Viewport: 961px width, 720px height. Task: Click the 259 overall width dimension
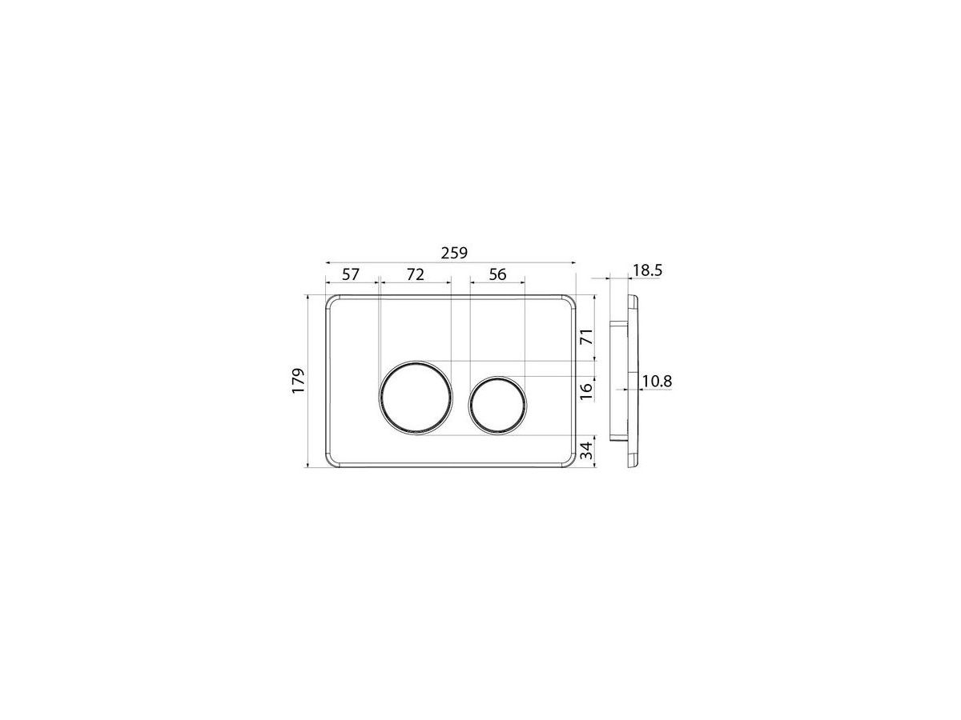[454, 253]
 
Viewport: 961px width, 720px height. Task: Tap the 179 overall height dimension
[298, 382]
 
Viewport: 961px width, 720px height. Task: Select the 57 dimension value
[350, 274]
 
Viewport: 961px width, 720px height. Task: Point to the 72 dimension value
[415, 274]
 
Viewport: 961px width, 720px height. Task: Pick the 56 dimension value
[497, 274]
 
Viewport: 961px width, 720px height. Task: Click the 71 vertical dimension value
[587, 336]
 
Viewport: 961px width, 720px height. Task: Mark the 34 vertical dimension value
[587, 450]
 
